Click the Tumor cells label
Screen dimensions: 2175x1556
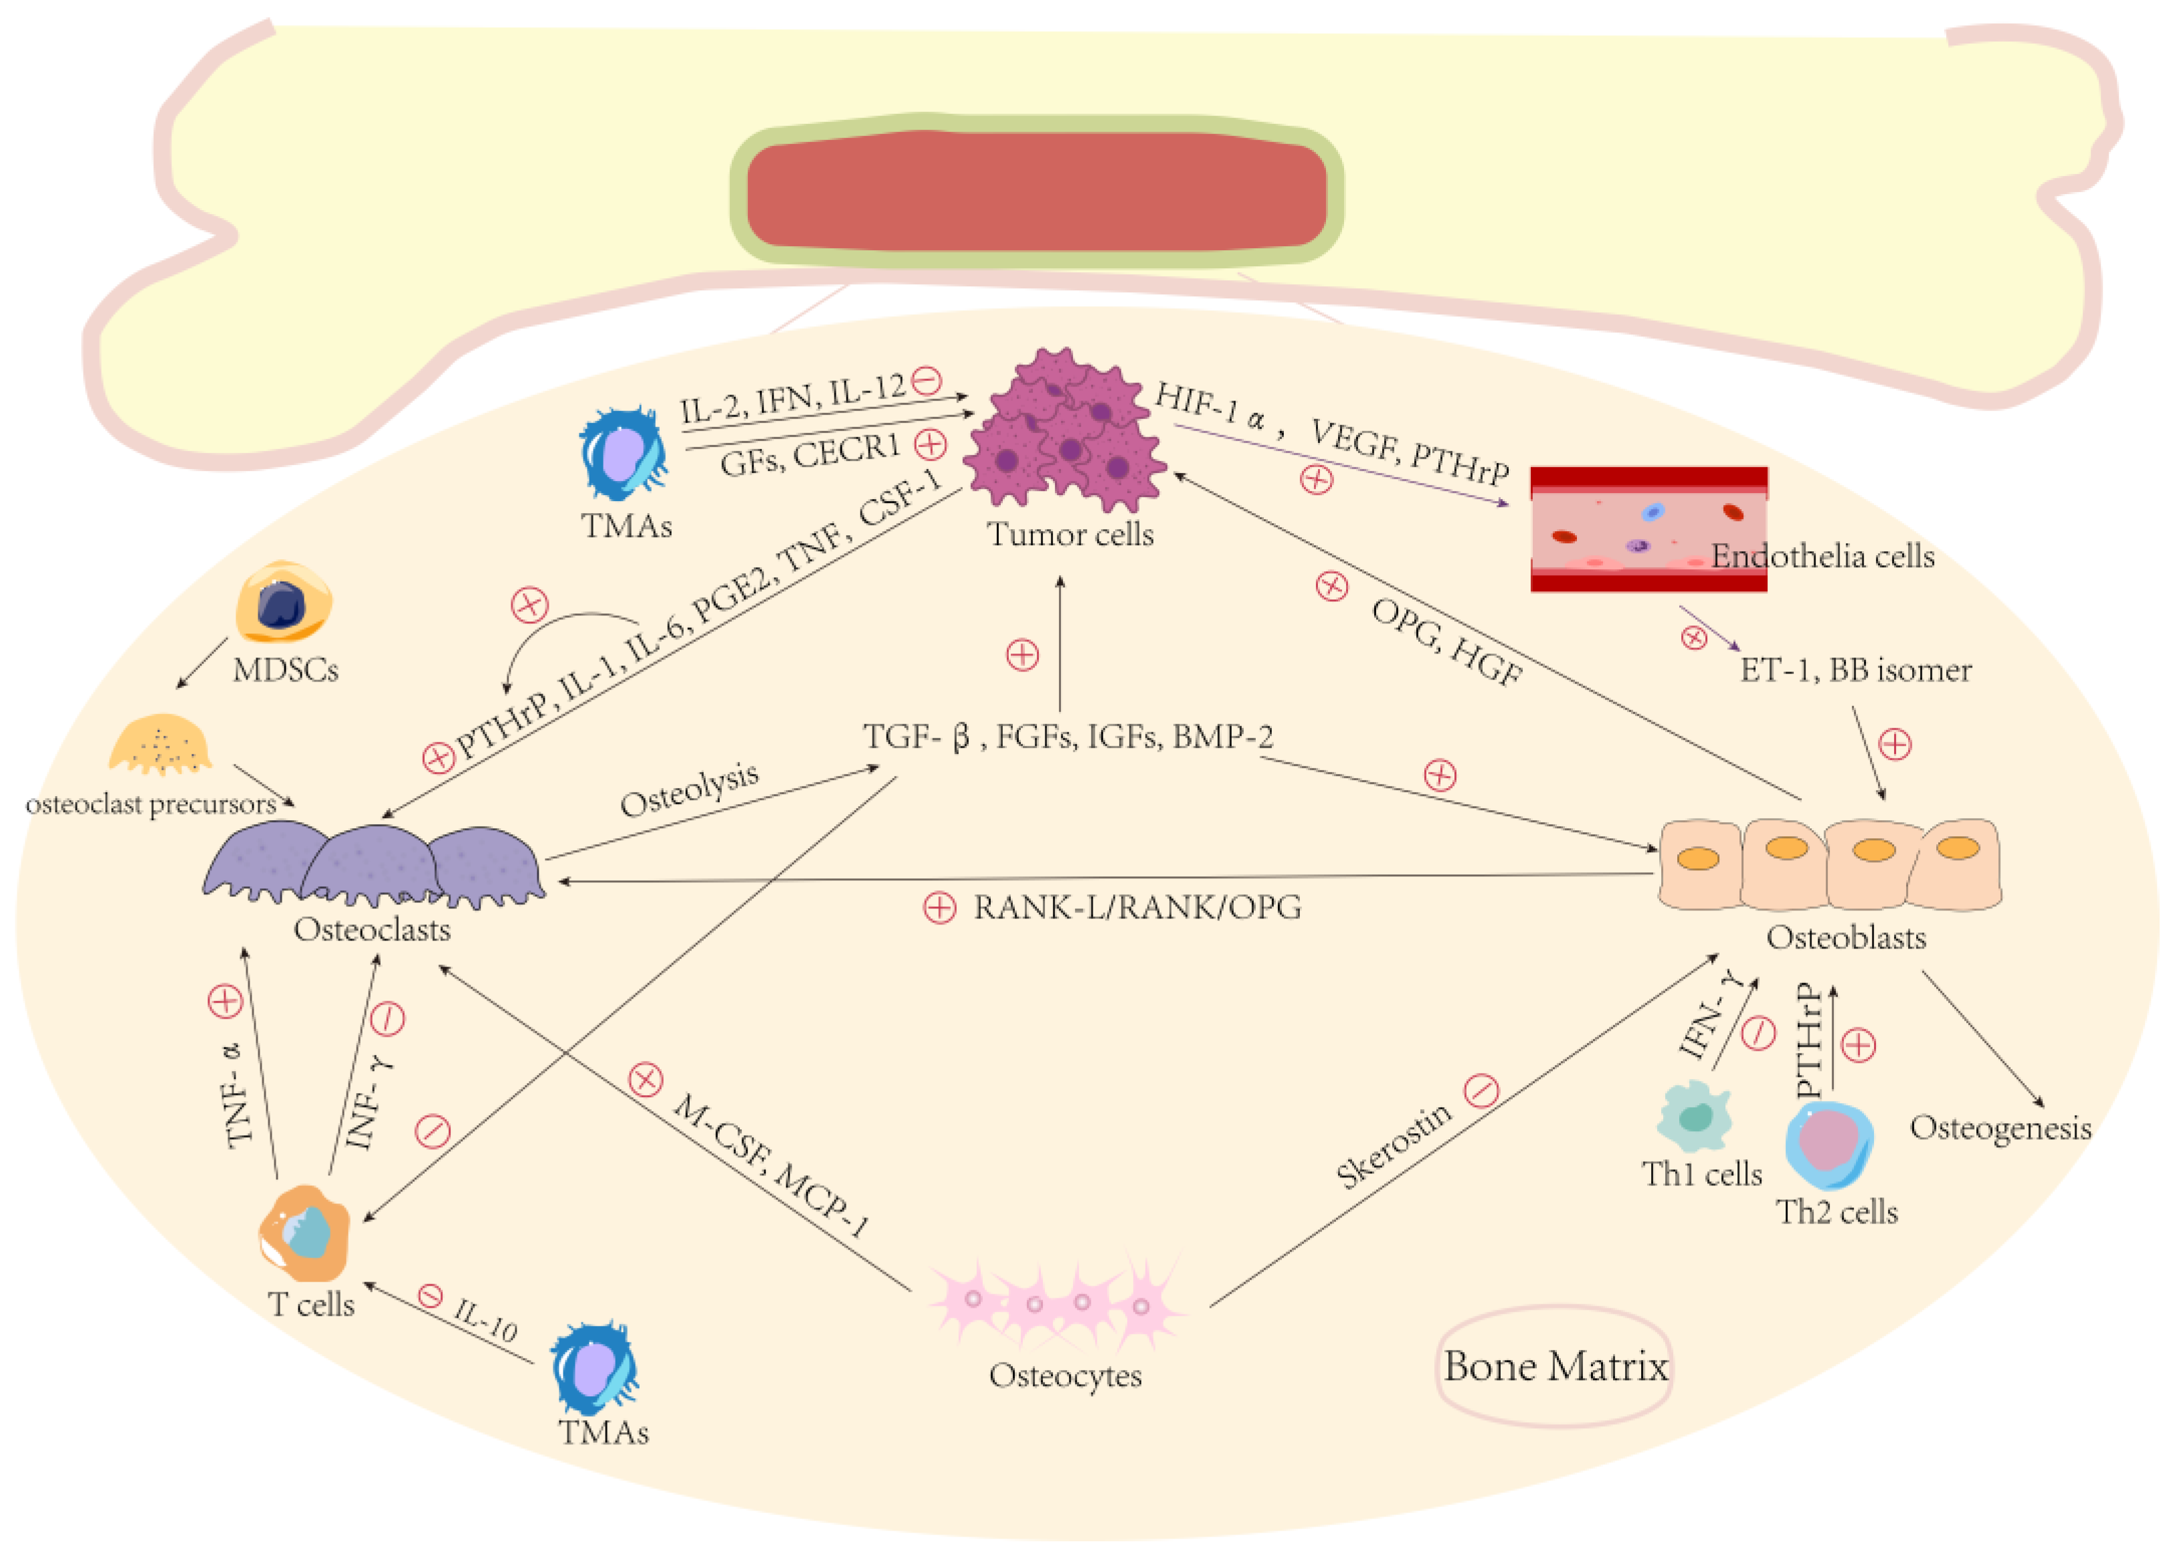pos(1070,534)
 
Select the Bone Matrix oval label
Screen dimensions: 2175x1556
pos(1555,1366)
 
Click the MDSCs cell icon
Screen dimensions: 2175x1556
pos(284,601)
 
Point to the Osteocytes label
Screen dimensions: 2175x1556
pos(1066,1376)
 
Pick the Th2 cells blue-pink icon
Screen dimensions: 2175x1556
pos(1829,1144)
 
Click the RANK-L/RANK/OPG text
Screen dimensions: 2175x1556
pos(1137,907)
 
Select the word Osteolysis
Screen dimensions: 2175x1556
pos(690,789)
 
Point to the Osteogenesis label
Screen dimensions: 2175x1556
pos(2000,1129)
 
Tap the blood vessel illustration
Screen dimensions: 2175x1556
pos(1648,529)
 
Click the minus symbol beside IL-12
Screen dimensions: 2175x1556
pos(927,381)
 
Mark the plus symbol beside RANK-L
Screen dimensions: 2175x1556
pos(939,907)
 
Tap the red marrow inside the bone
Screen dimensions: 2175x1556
pos(1037,190)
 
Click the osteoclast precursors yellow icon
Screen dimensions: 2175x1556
pos(160,743)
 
